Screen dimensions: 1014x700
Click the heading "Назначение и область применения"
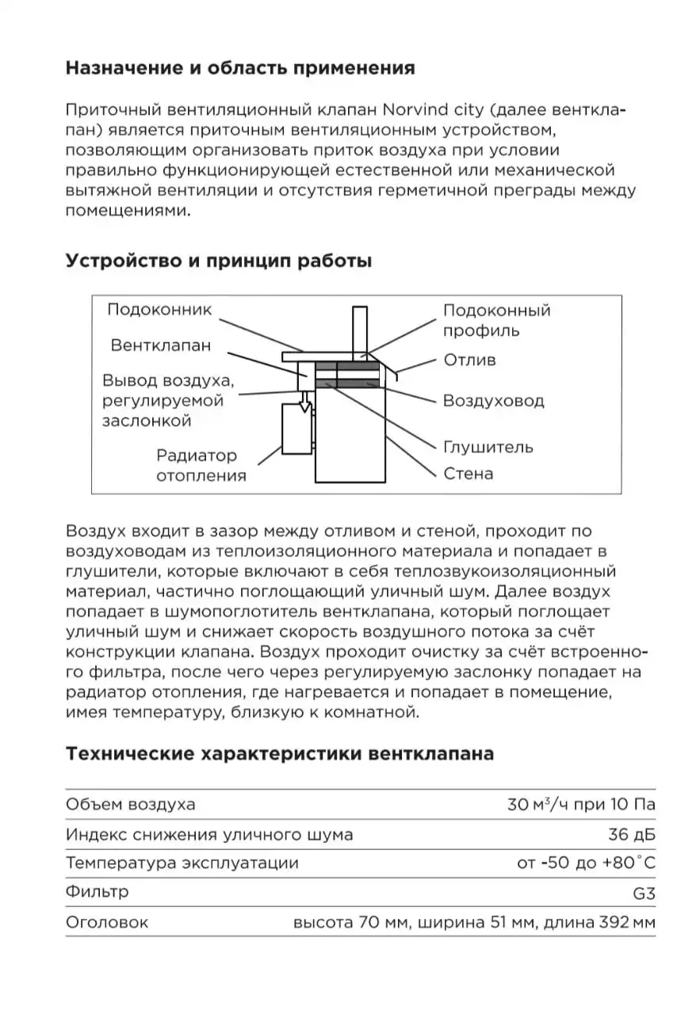point(239,67)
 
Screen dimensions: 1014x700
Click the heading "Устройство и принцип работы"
point(218,261)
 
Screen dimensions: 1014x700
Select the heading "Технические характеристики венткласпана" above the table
point(279,753)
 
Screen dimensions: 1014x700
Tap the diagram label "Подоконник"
point(160,310)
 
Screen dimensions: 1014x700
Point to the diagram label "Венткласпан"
point(161,345)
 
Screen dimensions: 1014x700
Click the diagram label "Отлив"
point(469,360)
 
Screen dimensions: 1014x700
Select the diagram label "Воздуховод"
point(493,401)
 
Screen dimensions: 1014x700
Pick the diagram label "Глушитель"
point(488,447)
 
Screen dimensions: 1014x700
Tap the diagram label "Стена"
point(468,474)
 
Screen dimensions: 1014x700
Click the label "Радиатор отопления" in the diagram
point(201,466)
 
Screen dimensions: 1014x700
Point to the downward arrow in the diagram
point(304,406)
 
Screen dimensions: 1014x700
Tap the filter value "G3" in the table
point(645,893)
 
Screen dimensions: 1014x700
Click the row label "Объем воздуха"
point(130,804)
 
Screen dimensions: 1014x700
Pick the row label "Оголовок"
point(107,922)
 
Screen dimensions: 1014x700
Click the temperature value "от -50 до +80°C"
point(586,863)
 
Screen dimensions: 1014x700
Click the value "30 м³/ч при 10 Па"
point(581,804)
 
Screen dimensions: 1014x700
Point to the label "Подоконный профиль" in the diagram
point(496,320)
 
